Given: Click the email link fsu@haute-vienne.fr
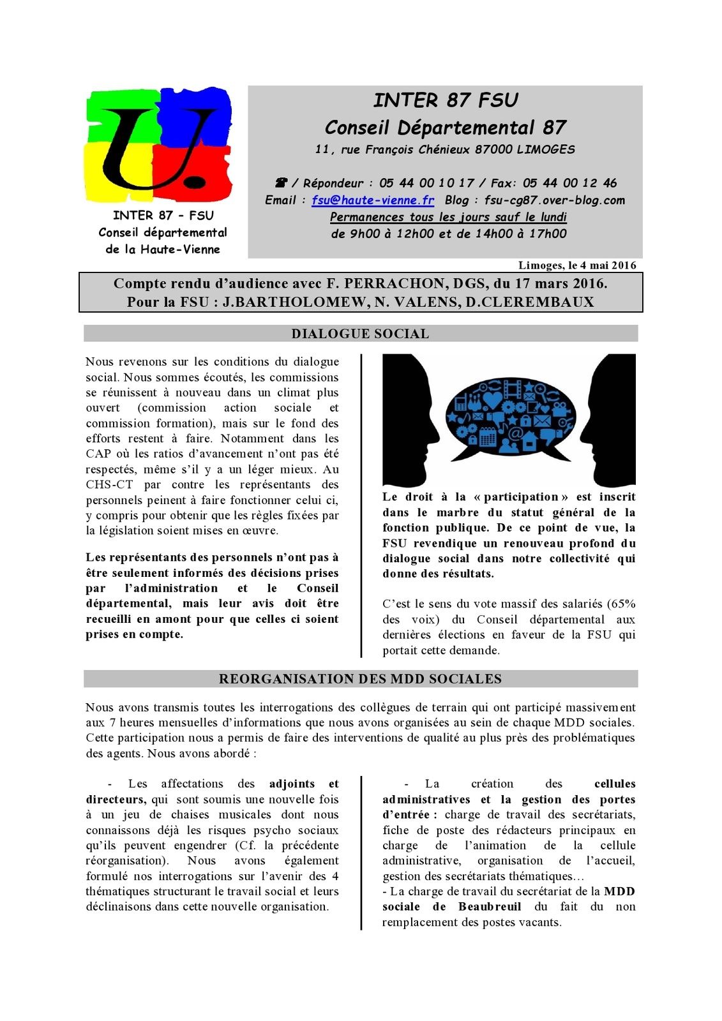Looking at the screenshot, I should point(373,200).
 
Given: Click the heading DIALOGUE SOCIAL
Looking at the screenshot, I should point(360,334).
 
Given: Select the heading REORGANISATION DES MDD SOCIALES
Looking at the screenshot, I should point(360,679).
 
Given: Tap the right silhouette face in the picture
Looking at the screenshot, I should point(610,421).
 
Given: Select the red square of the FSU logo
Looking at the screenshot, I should point(198,172).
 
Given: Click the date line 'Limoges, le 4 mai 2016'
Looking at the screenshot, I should point(577,265).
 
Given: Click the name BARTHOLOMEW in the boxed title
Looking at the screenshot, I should point(300,302).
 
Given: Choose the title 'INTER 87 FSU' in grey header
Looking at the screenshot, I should point(446,100).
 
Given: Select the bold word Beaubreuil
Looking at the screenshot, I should point(490,907).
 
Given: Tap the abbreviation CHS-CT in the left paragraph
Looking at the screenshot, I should point(109,485).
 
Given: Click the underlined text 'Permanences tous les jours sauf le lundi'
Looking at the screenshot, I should point(448,217).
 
